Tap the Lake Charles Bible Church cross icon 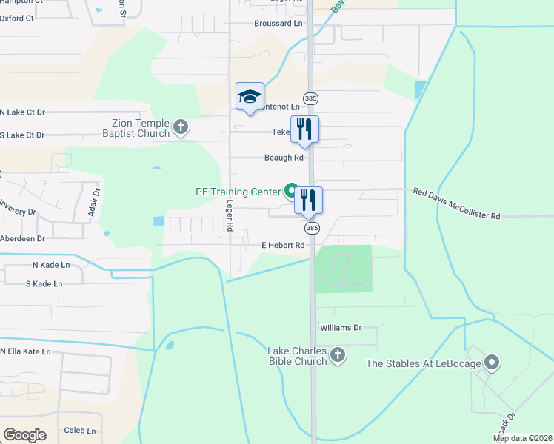pyautogui.click(x=338, y=356)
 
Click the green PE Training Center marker pyautogui.click(x=292, y=191)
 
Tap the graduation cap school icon pyautogui.click(x=250, y=96)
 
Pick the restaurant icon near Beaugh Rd pyautogui.click(x=304, y=129)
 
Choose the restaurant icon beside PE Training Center pyautogui.click(x=308, y=200)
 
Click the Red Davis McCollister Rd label pyautogui.click(x=456, y=203)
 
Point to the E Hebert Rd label pyautogui.click(x=282, y=246)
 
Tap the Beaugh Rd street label pyautogui.click(x=284, y=158)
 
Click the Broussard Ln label pyautogui.click(x=278, y=24)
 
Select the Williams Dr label pyautogui.click(x=340, y=327)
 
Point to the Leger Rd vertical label pyautogui.click(x=230, y=215)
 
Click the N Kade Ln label pyautogui.click(x=50, y=265)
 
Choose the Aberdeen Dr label pyautogui.click(x=22, y=239)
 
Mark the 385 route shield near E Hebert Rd pyautogui.click(x=312, y=229)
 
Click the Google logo pyautogui.click(x=24, y=434)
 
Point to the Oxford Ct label pyautogui.click(x=17, y=18)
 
